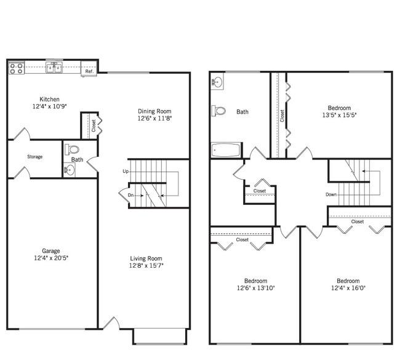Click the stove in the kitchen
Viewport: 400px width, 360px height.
[x=17, y=68]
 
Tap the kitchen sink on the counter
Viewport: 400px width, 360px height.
[x=54, y=68]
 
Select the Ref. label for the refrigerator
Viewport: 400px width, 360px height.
[x=89, y=71]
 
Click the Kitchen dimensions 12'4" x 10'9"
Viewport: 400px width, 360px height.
[x=49, y=106]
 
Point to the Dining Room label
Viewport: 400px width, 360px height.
[x=154, y=111]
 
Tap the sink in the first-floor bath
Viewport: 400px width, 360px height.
[x=70, y=169]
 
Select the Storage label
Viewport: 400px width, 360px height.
[x=35, y=157]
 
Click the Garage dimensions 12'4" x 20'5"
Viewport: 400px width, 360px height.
[x=51, y=258]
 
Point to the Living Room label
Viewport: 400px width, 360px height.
[x=146, y=258]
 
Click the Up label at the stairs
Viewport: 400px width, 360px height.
[x=126, y=172]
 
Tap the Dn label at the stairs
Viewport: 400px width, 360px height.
[x=130, y=195]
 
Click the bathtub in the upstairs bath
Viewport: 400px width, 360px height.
[x=226, y=150]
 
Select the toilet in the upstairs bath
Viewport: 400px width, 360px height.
[x=219, y=111]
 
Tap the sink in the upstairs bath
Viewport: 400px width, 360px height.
[x=217, y=82]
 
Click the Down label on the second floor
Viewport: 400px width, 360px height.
[x=331, y=194]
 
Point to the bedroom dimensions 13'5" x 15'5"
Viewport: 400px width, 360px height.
[x=339, y=115]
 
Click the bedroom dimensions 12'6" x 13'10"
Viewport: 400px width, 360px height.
[x=255, y=288]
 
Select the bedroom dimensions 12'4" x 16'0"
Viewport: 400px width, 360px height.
[x=348, y=288]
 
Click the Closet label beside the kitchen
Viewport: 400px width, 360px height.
[x=94, y=126]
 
